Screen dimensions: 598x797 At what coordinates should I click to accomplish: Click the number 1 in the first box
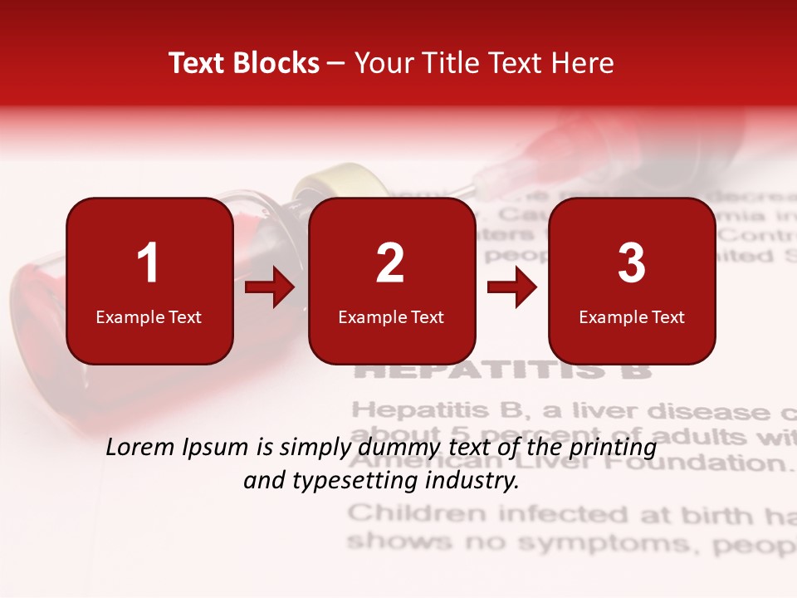(x=148, y=263)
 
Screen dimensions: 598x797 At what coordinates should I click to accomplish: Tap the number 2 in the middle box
(x=390, y=263)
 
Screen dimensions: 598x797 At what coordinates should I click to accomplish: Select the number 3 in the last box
(x=632, y=263)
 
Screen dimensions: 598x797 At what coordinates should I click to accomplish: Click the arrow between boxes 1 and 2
(x=270, y=288)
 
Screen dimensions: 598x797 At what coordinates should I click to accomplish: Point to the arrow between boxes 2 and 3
(x=511, y=288)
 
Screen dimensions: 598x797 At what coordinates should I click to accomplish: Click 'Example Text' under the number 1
(x=149, y=316)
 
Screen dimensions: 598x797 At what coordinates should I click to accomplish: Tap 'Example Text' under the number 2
(x=391, y=316)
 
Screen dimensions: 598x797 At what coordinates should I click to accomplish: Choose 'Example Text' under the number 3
(x=632, y=316)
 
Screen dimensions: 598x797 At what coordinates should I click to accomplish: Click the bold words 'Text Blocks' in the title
(x=244, y=63)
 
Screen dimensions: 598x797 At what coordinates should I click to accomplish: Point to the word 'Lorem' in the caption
(x=141, y=448)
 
